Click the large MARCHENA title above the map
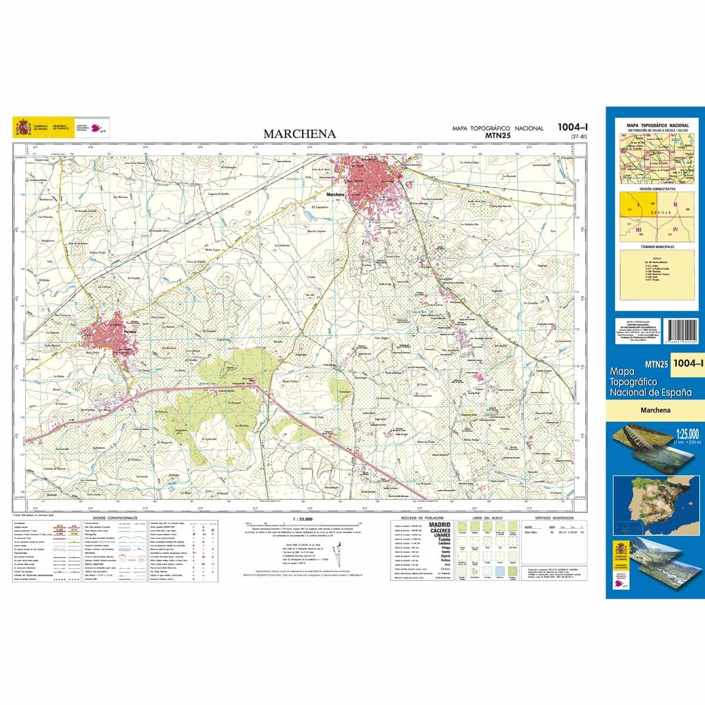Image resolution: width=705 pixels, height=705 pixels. point(300,134)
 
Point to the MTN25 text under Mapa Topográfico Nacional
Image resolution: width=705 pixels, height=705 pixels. point(497,136)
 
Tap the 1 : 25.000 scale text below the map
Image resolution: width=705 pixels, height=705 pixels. point(303,519)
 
